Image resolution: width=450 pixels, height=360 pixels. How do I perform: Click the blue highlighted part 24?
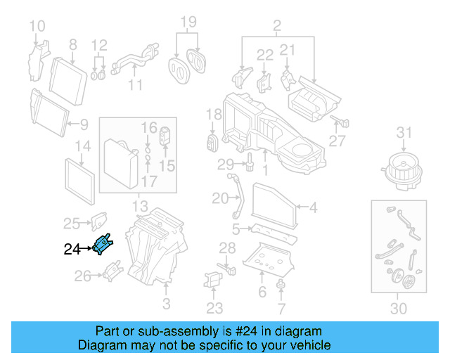tap(103, 244)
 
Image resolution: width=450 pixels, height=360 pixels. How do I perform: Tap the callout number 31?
tap(403, 132)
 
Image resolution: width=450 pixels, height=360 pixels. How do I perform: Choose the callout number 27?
tap(337, 141)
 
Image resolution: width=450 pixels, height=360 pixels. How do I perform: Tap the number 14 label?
tap(83, 146)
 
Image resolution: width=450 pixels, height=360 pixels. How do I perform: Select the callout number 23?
tap(214, 307)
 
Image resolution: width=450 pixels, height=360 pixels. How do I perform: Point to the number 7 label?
tap(281, 309)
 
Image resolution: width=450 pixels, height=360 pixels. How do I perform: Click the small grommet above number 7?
tap(281, 284)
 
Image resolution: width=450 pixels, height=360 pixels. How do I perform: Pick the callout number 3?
tap(166, 304)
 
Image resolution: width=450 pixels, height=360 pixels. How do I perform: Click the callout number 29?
tap(224, 165)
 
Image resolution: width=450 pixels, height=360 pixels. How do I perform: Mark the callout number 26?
tap(83, 276)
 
